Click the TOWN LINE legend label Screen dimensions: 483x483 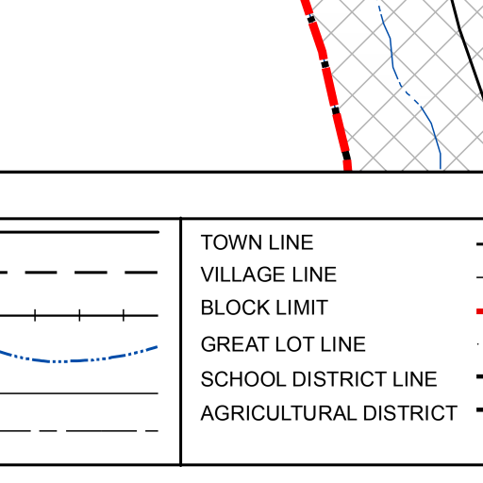click(257, 242)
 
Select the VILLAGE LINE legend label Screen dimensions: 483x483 click(269, 275)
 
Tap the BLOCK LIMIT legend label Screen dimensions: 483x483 click(264, 308)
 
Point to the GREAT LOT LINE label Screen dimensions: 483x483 click(283, 344)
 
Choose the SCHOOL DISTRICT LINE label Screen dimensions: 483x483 click(319, 379)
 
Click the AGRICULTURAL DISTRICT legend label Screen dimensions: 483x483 click(329, 413)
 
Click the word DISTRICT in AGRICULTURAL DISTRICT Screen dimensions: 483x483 click(410, 413)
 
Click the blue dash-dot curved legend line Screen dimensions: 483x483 click(78, 360)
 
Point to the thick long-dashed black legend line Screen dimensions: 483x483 click(78, 273)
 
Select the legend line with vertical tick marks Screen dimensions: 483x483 click(78, 315)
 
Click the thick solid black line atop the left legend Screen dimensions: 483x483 click(79, 232)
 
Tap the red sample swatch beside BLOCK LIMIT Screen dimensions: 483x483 click(480, 311)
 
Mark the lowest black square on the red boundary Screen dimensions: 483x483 click(346, 156)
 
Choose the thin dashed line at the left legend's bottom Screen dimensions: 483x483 click(78, 431)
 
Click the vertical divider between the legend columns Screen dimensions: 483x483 click(181, 341)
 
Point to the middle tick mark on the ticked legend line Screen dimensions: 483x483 click(79, 315)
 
